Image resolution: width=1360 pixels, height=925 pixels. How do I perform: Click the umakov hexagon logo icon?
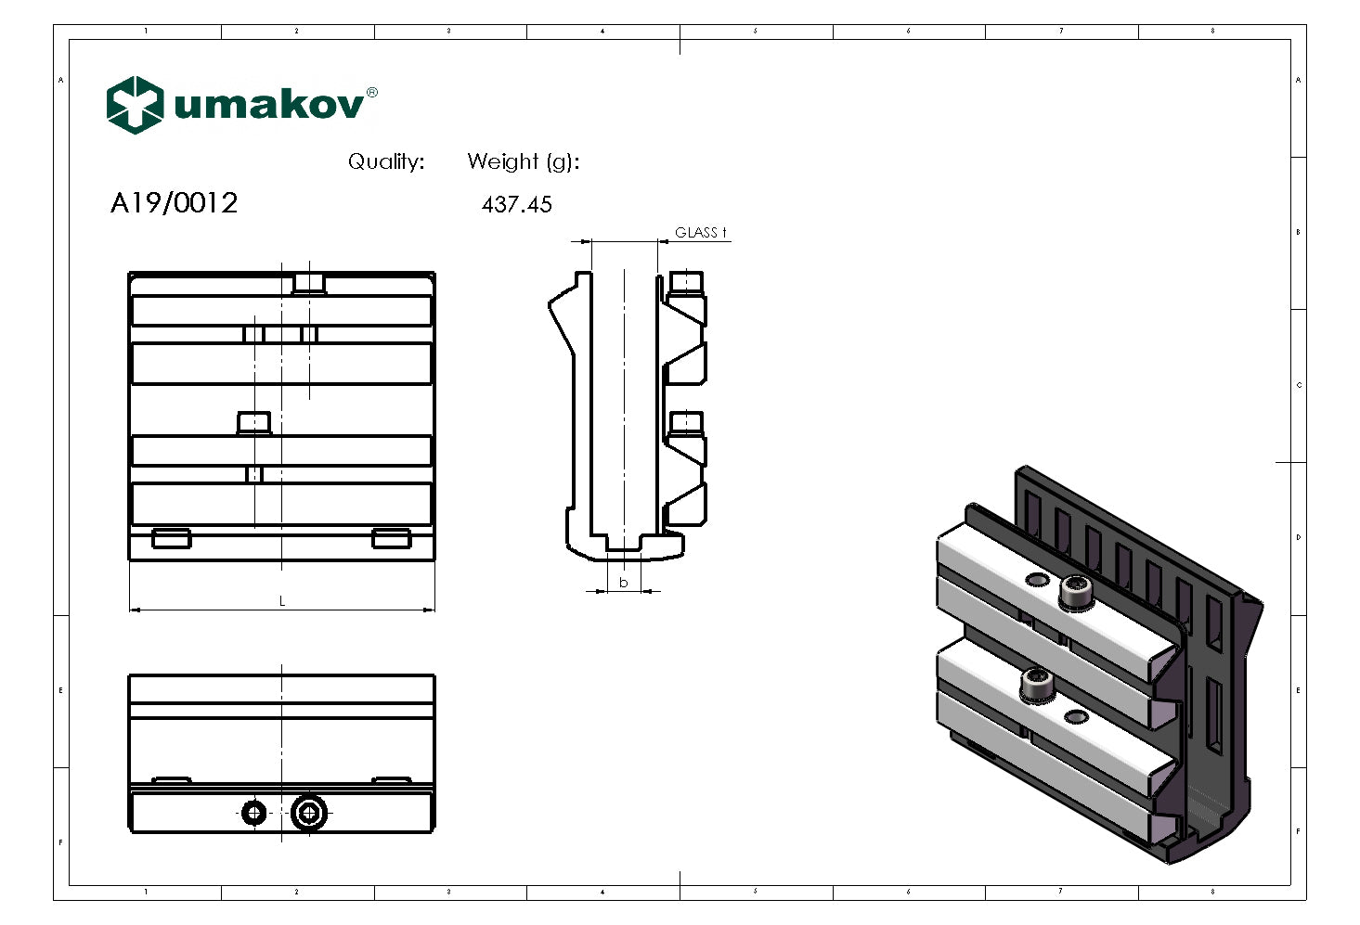[x=135, y=105]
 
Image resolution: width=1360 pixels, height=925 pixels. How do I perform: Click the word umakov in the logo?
[x=268, y=105]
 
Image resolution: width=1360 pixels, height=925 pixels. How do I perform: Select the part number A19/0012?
[x=174, y=203]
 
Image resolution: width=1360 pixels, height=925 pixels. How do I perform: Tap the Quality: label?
[x=386, y=161]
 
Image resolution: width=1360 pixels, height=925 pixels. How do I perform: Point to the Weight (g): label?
[x=523, y=161]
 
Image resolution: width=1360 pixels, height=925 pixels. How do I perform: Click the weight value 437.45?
[x=516, y=205]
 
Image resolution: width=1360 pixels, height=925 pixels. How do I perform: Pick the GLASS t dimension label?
[x=700, y=233]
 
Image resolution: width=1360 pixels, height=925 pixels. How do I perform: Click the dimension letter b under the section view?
[x=624, y=583]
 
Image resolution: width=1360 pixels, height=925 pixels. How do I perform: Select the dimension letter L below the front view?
[x=282, y=601]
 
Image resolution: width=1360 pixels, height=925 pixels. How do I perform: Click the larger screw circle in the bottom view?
[x=309, y=814]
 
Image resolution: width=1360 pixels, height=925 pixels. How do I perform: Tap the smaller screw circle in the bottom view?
[x=253, y=814]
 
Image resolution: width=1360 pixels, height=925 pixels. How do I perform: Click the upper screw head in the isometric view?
[x=1075, y=592]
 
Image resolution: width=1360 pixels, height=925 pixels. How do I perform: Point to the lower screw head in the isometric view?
[x=1036, y=686]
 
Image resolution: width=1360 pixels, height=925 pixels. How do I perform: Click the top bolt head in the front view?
[x=309, y=283]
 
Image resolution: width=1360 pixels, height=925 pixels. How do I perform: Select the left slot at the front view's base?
[x=172, y=538]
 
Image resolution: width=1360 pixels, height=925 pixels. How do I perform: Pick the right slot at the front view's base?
[x=391, y=538]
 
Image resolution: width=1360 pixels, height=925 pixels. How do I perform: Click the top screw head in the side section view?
[x=685, y=281]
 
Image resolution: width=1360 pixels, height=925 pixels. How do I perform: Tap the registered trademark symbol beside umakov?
[x=372, y=92]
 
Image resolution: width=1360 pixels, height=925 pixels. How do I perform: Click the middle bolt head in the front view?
[x=253, y=423]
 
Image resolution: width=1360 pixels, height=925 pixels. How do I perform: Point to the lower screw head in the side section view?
[x=685, y=423]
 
